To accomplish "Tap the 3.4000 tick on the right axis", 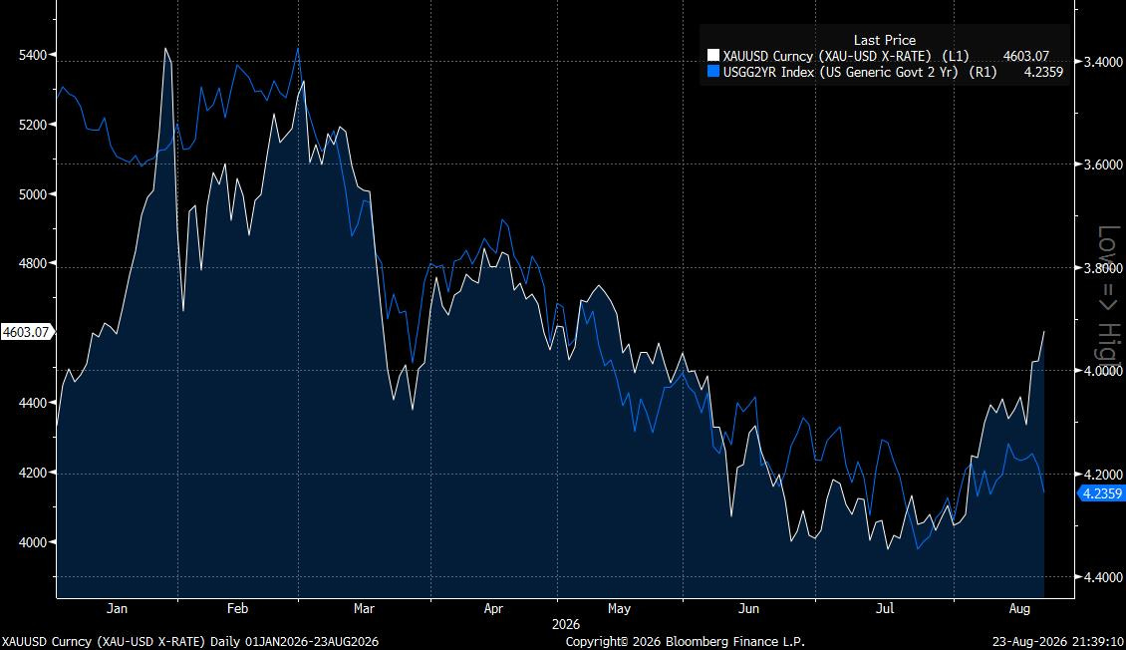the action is [x=1103, y=62].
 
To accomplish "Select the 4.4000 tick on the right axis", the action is [x=1103, y=577].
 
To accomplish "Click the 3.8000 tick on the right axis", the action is [x=1103, y=268].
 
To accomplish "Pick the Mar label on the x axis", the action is [x=364, y=608].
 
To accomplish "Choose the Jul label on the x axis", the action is [x=885, y=608].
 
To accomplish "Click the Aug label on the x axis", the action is [x=1019, y=608].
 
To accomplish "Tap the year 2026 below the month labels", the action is [x=566, y=624].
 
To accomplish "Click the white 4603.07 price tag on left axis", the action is [x=26, y=332].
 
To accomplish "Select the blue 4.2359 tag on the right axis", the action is [x=1101, y=493].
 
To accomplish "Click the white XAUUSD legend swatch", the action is [x=713, y=55].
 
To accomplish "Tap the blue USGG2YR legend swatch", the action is [x=713, y=71].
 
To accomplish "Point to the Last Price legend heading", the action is [x=884, y=40].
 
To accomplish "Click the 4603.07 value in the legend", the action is [x=1025, y=56].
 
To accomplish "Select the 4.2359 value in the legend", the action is [x=1042, y=72].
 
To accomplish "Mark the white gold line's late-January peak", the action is [x=165, y=49].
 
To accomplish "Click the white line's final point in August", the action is [x=1043, y=332].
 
